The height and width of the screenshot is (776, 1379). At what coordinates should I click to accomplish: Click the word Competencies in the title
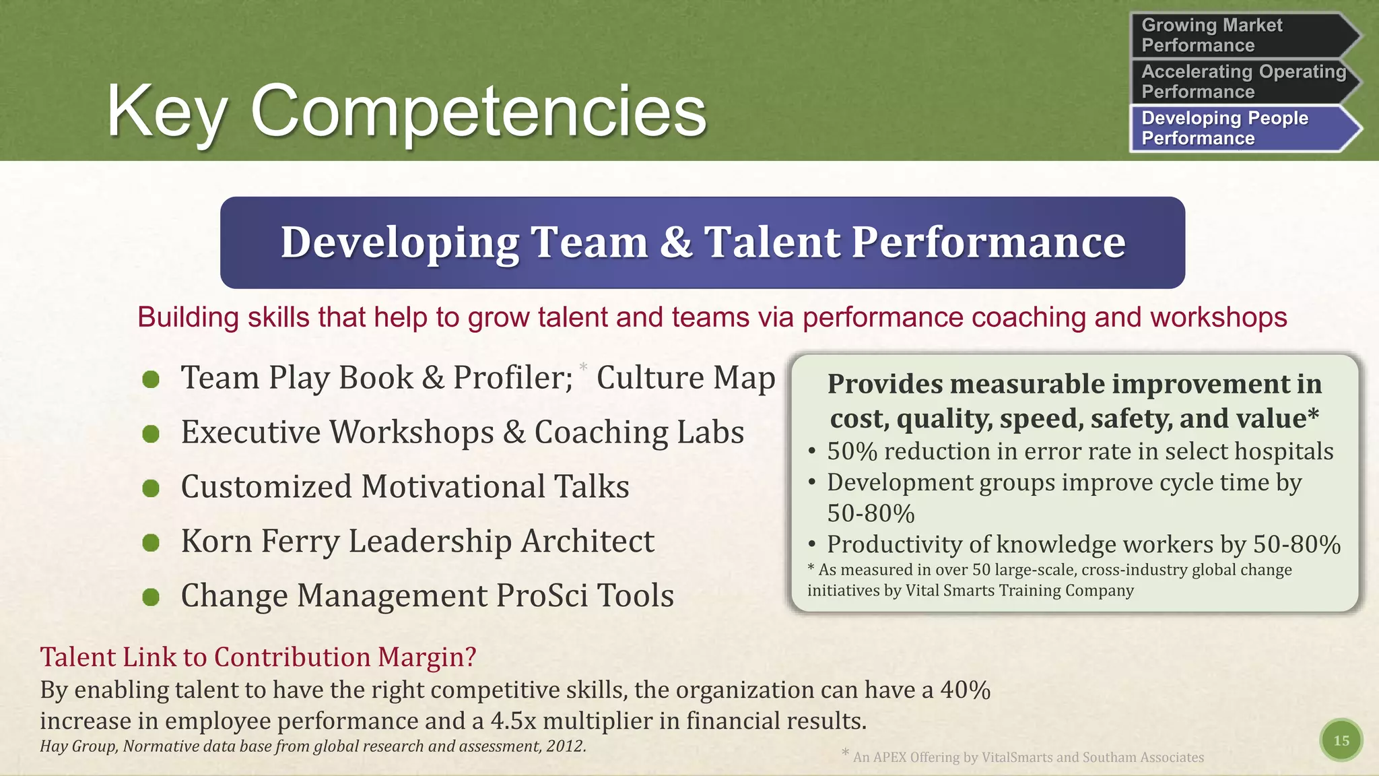(x=478, y=111)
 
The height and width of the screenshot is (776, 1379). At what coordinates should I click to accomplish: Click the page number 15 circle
(x=1341, y=740)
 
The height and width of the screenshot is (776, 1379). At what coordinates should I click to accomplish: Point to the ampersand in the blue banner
(x=675, y=242)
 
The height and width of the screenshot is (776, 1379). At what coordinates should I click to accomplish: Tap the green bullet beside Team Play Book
(x=151, y=379)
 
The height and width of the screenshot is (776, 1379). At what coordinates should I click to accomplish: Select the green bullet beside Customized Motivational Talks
(x=151, y=488)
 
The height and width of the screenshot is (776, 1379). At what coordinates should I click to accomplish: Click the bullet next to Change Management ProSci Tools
(x=151, y=597)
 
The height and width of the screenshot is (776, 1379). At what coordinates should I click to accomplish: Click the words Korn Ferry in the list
(x=260, y=541)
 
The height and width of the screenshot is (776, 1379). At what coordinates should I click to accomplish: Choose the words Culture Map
(x=685, y=378)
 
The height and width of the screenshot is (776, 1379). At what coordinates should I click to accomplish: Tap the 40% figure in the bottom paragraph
(x=965, y=690)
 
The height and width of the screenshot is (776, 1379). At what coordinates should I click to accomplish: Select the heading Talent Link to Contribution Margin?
(x=258, y=657)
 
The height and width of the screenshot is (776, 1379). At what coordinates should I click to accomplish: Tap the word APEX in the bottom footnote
(x=889, y=757)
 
